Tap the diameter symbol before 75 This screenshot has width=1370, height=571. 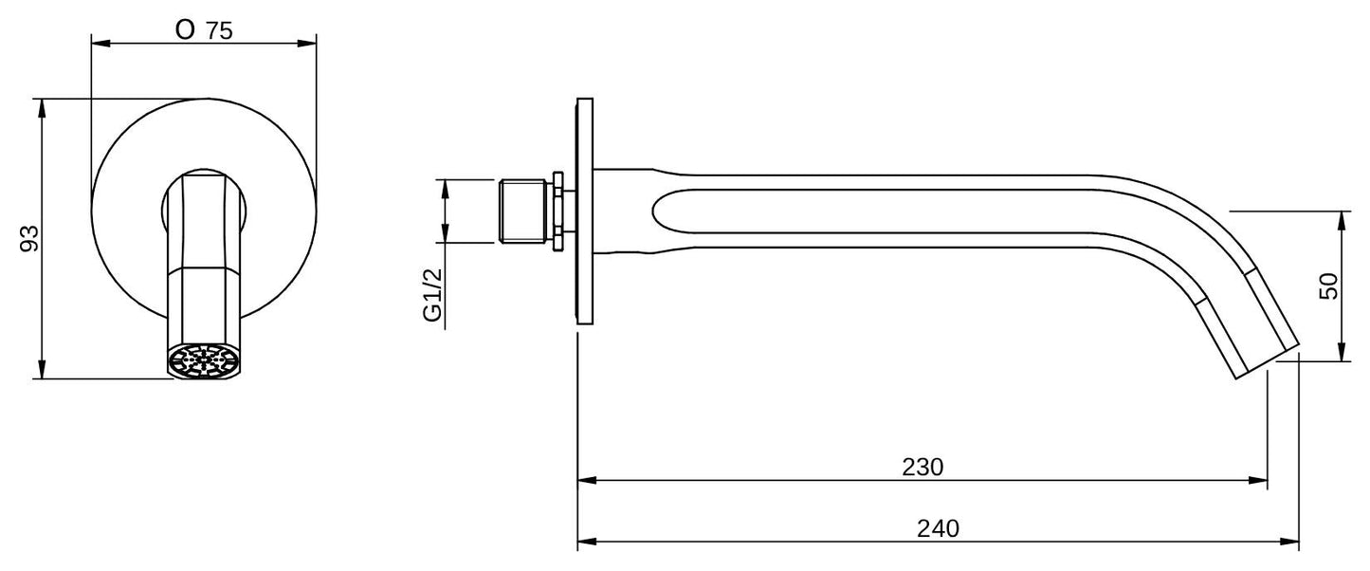(x=185, y=29)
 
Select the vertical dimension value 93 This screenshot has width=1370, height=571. (x=29, y=238)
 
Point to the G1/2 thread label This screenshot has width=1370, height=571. (x=432, y=295)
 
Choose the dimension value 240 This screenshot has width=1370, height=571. (x=938, y=528)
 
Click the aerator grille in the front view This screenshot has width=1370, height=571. (x=203, y=362)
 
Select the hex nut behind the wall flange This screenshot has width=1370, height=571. (x=559, y=211)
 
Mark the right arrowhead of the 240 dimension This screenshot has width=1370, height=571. (x=1291, y=543)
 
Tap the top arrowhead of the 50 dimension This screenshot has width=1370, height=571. (x=1343, y=218)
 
